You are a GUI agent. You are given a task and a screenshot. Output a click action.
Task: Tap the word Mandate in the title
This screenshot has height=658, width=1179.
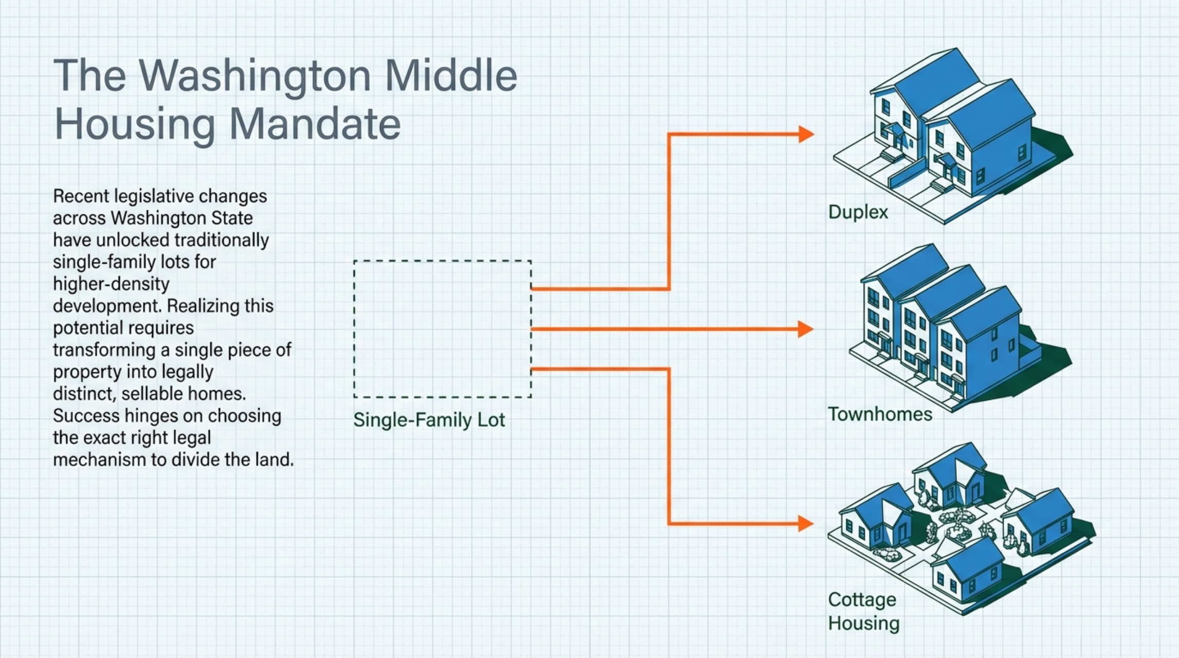point(314,124)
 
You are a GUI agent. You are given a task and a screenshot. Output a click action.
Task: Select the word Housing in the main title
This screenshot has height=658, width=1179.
point(135,124)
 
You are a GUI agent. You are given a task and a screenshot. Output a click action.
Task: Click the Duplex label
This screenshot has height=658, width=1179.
point(858,212)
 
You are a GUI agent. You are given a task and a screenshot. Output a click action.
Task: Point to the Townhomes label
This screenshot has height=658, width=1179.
point(880,414)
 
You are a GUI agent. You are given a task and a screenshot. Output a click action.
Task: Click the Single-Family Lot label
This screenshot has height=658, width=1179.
point(429,420)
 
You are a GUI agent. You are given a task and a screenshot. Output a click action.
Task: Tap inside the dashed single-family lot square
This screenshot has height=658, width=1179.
point(442,329)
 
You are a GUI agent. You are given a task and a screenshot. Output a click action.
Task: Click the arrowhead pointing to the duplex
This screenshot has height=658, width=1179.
point(806,134)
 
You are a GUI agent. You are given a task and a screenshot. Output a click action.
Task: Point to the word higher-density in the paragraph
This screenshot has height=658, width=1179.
point(111,284)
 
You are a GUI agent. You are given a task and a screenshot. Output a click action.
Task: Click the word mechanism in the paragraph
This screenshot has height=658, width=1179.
point(99,460)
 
